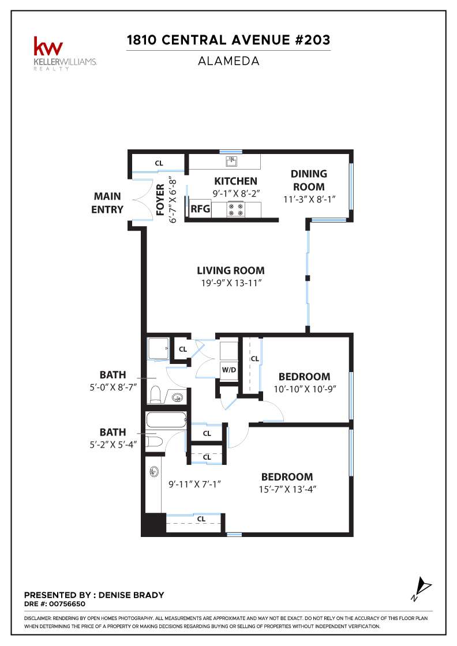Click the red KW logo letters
[x=48, y=46]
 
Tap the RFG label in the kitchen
[x=200, y=208]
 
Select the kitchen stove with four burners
[x=236, y=209]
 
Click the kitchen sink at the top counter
[x=231, y=161]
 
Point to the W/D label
[x=228, y=370]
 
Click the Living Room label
[x=231, y=271]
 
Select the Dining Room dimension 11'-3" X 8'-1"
[x=309, y=200]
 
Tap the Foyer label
[x=160, y=200]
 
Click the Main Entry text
[x=107, y=202]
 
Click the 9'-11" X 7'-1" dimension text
[x=194, y=484]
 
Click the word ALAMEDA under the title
[x=228, y=61]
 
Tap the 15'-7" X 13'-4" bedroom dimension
[x=287, y=490]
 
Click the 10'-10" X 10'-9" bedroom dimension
[x=305, y=389]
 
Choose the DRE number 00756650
[x=67, y=604]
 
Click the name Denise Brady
[x=132, y=595]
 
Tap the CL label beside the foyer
[x=159, y=163]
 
